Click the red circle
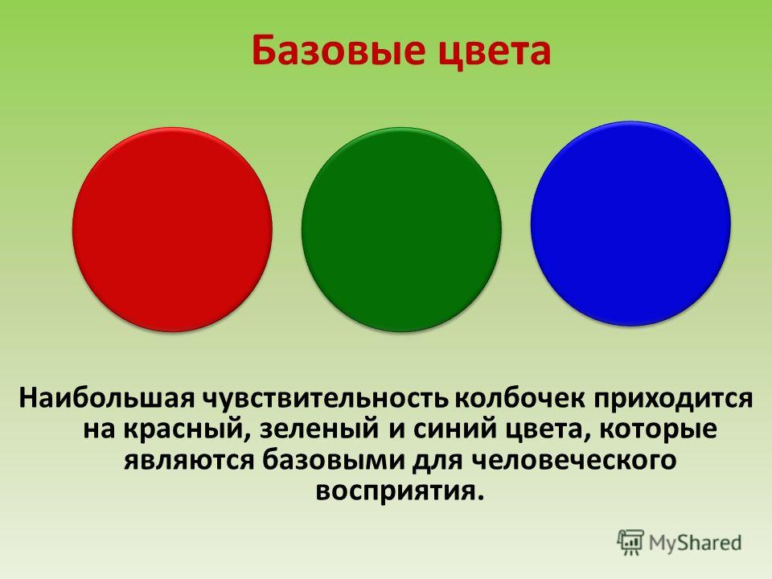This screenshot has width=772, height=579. [x=172, y=229]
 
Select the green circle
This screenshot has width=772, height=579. [x=401, y=229]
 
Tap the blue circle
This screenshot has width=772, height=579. [x=630, y=224]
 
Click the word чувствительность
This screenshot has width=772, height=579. [x=326, y=399]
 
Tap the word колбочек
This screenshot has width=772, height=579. [x=520, y=398]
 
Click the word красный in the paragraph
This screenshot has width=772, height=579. [x=183, y=429]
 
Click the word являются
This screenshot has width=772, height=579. [x=189, y=461]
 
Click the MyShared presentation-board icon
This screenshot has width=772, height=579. [x=630, y=543]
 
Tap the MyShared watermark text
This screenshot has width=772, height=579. [x=695, y=543]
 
